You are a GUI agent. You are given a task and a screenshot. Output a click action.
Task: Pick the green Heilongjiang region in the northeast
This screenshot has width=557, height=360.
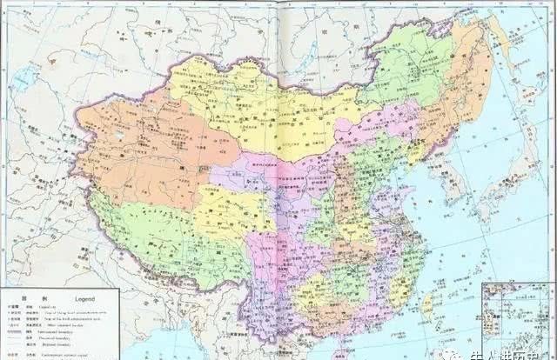click(x=418, y=70)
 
